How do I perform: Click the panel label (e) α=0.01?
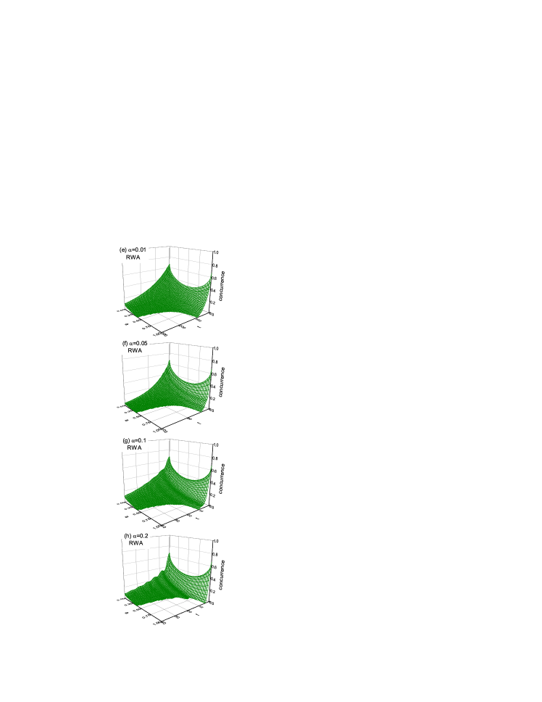pyautogui.click(x=133, y=249)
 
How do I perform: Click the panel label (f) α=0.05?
pyautogui.click(x=134, y=343)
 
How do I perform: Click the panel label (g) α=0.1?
pyautogui.click(x=135, y=440)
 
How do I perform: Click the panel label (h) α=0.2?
pyautogui.click(x=136, y=535)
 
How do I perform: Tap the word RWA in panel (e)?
pyautogui.click(x=133, y=257)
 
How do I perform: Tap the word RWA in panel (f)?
pyautogui.click(x=135, y=351)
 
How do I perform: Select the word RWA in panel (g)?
pyautogui.click(x=135, y=448)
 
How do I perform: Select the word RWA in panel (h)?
pyautogui.click(x=136, y=543)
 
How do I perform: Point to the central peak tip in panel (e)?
pyautogui.click(x=168, y=266)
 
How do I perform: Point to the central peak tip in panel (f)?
pyautogui.click(x=168, y=362)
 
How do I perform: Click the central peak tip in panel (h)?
pyautogui.click(x=168, y=555)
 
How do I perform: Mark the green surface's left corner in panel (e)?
pyautogui.click(x=126, y=306)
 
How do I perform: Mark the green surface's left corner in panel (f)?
pyautogui.click(x=126, y=402)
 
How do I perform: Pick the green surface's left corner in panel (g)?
pyautogui.click(x=126, y=498)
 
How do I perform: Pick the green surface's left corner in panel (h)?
pyautogui.click(x=126, y=595)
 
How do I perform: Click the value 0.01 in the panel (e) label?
pyautogui.click(x=140, y=249)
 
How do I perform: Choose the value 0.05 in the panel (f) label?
pyautogui.click(x=141, y=343)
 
